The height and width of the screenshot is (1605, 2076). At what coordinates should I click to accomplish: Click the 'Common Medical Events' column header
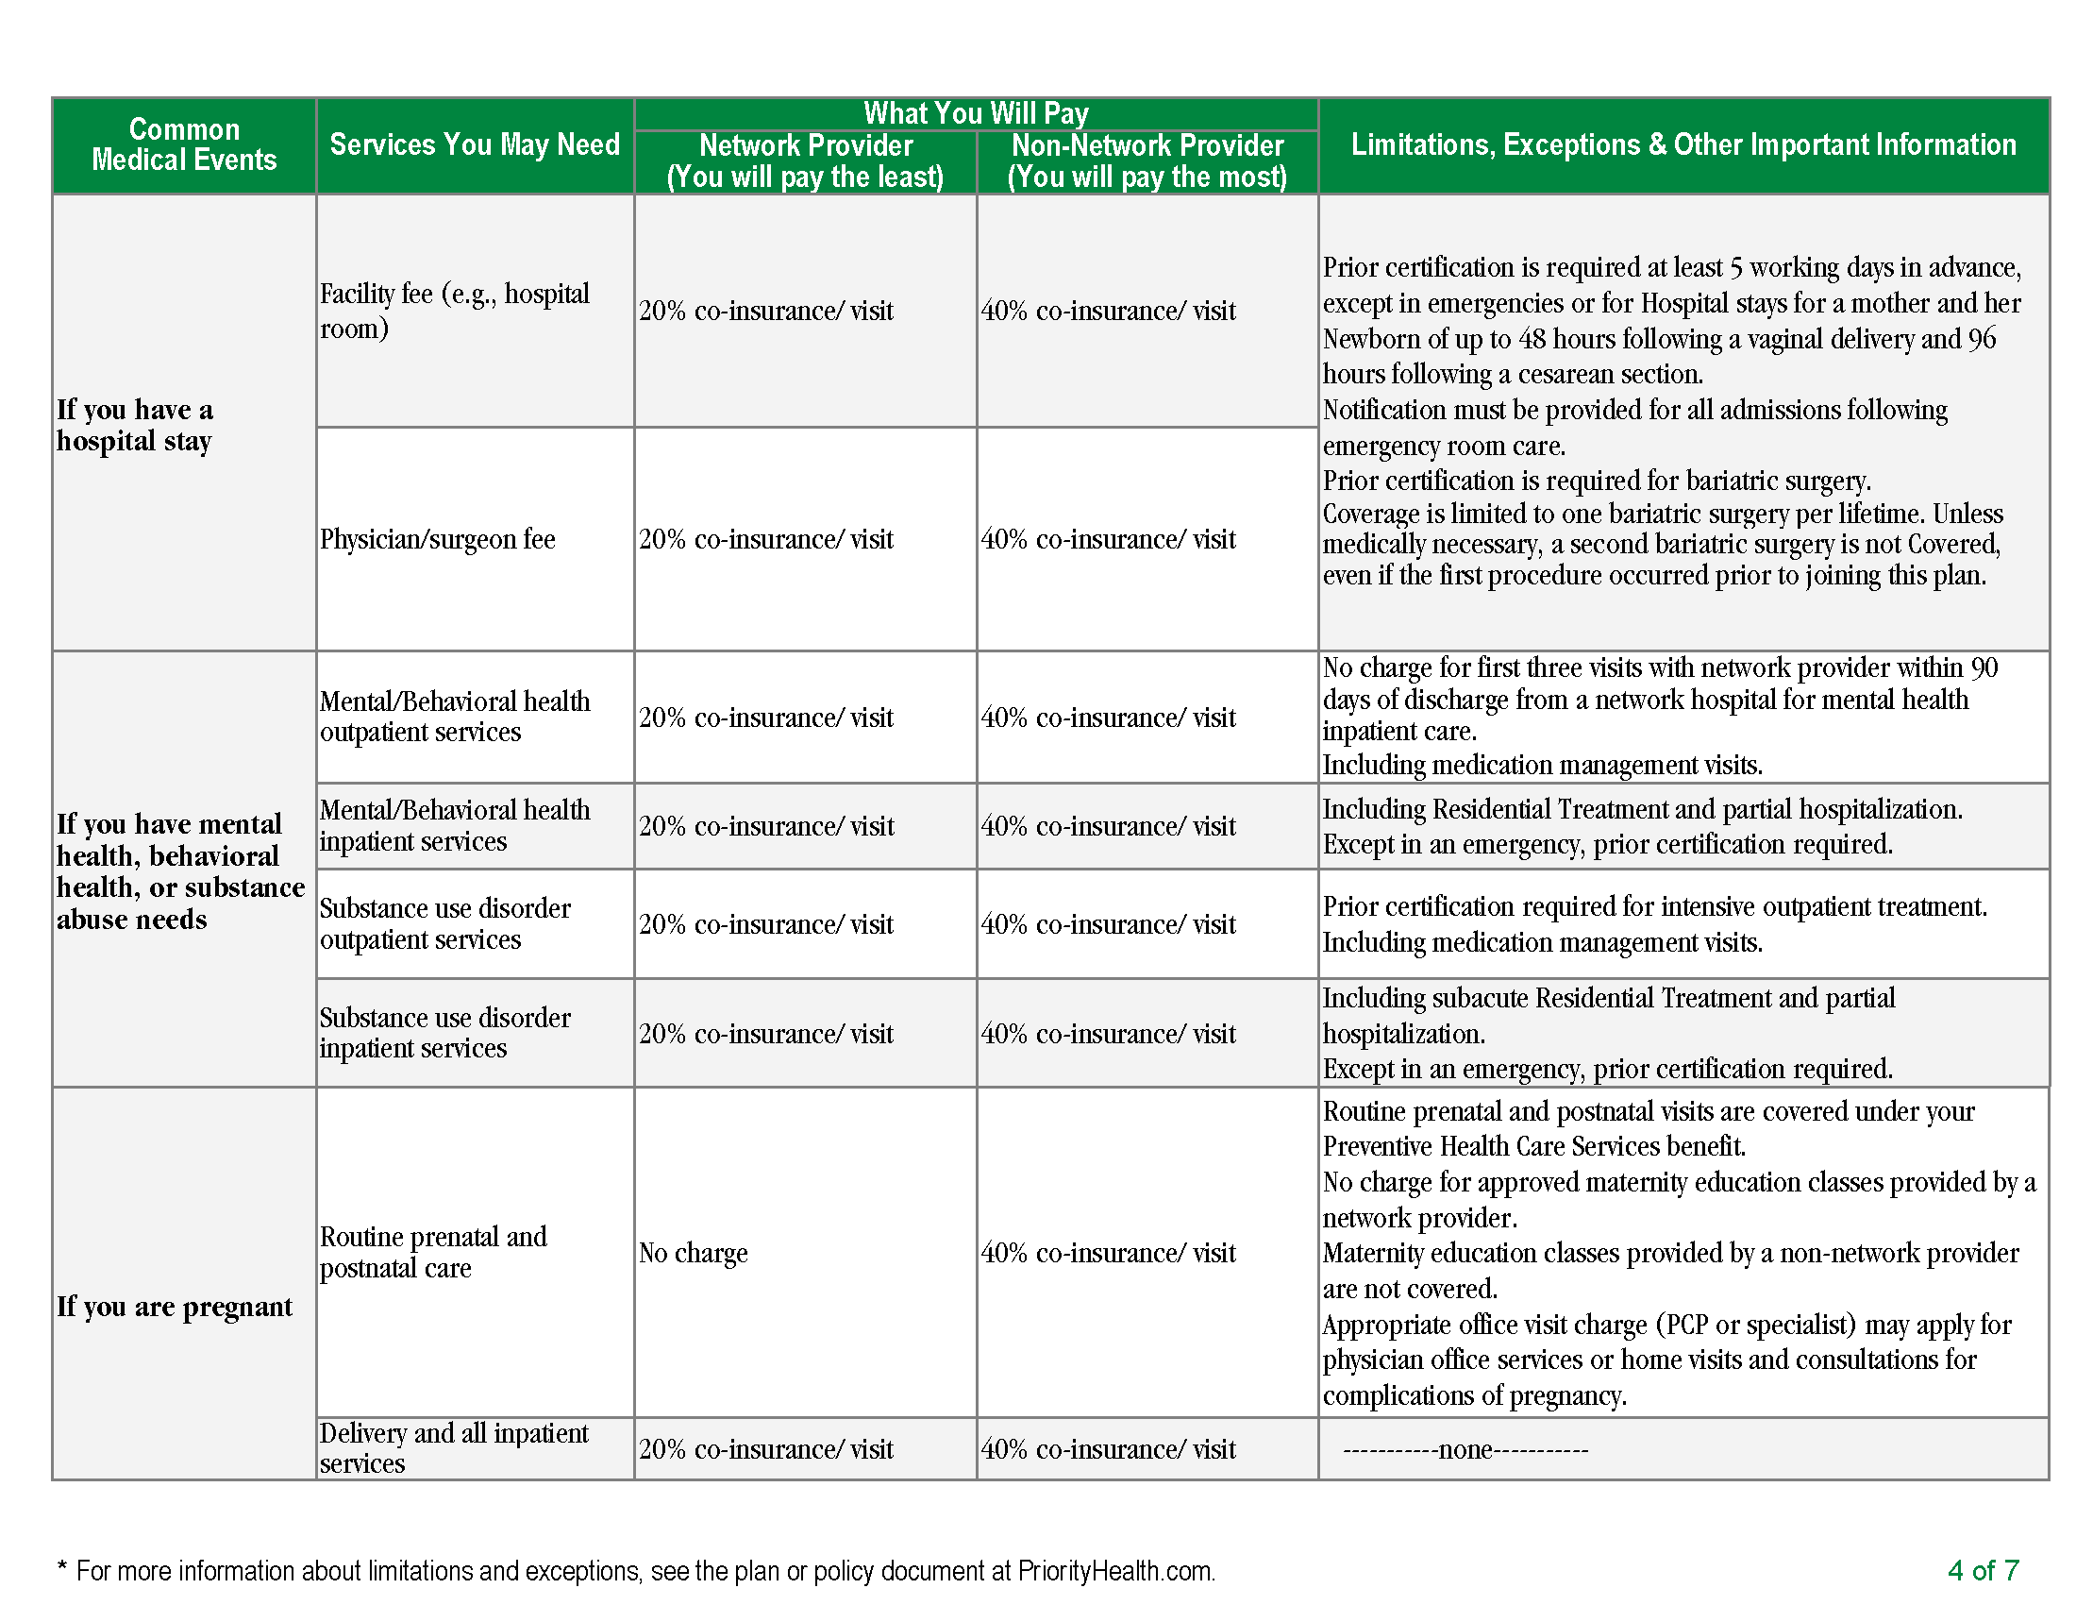(184, 144)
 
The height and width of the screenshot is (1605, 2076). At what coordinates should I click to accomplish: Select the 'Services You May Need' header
(475, 144)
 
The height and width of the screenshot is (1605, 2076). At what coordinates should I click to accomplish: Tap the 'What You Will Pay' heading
(976, 113)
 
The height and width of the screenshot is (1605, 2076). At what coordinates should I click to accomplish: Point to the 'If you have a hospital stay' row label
(134, 425)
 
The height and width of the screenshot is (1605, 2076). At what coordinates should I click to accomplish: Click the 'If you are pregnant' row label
(174, 1307)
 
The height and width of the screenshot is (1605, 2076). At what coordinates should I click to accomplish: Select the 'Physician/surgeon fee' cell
(437, 539)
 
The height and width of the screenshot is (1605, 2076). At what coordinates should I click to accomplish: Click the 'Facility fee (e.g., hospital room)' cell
(455, 311)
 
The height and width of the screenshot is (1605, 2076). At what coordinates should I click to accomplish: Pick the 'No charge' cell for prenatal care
(693, 1253)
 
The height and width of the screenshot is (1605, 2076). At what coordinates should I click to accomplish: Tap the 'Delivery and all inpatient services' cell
(455, 1448)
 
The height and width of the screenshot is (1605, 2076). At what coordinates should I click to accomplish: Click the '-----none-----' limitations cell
(1465, 1449)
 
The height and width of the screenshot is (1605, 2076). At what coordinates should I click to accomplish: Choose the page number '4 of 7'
(1983, 1570)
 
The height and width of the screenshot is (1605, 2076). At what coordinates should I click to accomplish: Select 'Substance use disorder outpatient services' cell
(444, 923)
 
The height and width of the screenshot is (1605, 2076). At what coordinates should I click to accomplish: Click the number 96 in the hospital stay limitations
(1981, 339)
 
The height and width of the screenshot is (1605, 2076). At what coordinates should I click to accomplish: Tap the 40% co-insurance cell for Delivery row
(1109, 1449)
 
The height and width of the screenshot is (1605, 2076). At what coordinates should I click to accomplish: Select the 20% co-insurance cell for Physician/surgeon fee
(766, 539)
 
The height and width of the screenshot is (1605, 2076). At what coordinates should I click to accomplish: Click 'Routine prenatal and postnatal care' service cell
(433, 1252)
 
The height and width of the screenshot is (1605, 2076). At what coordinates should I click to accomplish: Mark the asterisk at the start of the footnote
(62, 1568)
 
